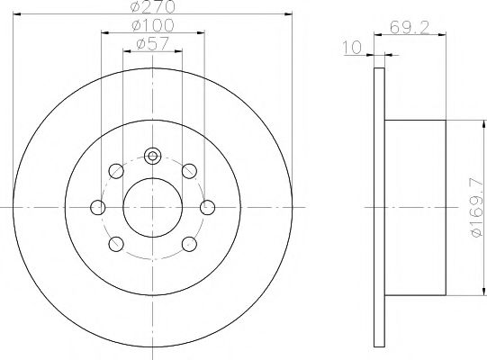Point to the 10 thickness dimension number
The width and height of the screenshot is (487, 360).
tap(353, 45)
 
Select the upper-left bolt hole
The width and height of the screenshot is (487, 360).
tap(115, 171)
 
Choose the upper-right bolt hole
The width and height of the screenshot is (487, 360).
tap(189, 171)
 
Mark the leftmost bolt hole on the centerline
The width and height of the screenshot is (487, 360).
tap(99, 208)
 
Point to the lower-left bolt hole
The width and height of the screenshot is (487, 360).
tap(115, 244)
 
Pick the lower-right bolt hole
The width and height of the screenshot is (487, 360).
tap(189, 244)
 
